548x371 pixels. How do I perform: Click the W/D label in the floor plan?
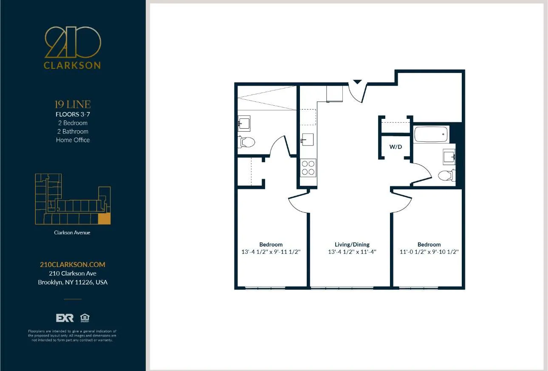pyautogui.click(x=395, y=147)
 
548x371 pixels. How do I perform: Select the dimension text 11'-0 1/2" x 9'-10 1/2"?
pyautogui.click(x=429, y=252)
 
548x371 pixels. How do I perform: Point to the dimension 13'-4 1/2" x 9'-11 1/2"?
pyautogui.click(x=271, y=252)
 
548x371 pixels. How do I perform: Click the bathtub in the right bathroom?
pyautogui.click(x=431, y=134)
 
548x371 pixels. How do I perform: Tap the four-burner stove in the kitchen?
pyautogui.click(x=308, y=167)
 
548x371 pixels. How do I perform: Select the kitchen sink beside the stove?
pyautogui.click(x=307, y=139)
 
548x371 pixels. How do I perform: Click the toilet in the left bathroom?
pyautogui.click(x=246, y=142)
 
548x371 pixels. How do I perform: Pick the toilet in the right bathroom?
pyautogui.click(x=446, y=175)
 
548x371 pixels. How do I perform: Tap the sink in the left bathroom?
pyautogui.click(x=244, y=124)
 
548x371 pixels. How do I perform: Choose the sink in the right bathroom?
pyautogui.click(x=449, y=157)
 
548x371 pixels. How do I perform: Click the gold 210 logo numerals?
pyautogui.click(x=73, y=42)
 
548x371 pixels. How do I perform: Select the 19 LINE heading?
pyautogui.click(x=73, y=104)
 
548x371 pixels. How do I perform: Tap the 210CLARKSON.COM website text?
pyautogui.click(x=72, y=264)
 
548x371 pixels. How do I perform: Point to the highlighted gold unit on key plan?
pyautogui.click(x=104, y=219)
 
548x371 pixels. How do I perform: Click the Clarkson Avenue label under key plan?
pyautogui.click(x=72, y=233)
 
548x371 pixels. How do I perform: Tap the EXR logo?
pyautogui.click(x=65, y=318)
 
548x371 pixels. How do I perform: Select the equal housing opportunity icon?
pyautogui.click(x=85, y=318)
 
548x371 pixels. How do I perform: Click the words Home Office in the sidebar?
pyautogui.click(x=73, y=140)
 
